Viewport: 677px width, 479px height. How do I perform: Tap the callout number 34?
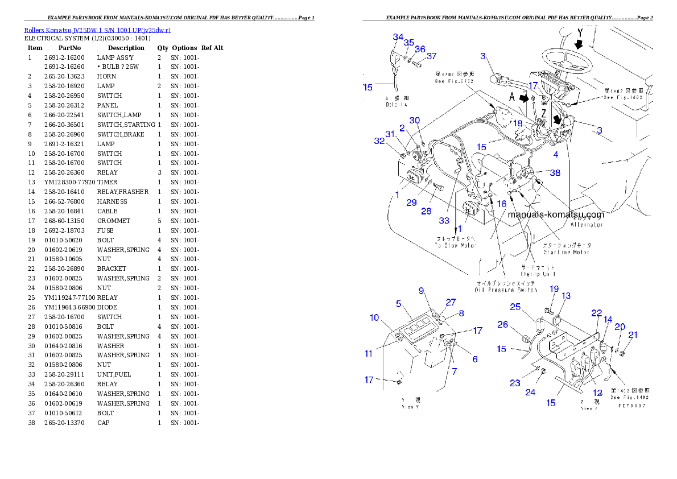(x=398, y=37)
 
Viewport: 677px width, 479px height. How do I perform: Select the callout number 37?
(x=432, y=56)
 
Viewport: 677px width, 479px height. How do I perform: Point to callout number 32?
(x=379, y=141)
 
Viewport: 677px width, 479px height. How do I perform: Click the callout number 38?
(x=555, y=172)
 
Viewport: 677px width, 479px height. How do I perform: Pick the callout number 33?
(x=444, y=220)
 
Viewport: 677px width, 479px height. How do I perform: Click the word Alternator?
(x=587, y=225)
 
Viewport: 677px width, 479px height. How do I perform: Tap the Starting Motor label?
(x=567, y=251)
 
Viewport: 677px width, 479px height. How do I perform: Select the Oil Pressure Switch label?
(x=506, y=290)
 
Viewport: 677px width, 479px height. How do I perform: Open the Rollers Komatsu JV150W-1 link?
(x=97, y=30)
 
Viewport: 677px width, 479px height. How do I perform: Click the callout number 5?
(x=399, y=303)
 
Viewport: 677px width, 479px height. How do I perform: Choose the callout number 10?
(x=374, y=317)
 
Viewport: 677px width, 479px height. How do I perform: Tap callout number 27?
(x=451, y=302)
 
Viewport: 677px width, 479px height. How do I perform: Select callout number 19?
(x=554, y=289)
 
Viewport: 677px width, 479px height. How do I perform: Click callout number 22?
(x=596, y=313)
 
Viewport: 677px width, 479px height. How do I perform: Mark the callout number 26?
(x=502, y=324)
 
